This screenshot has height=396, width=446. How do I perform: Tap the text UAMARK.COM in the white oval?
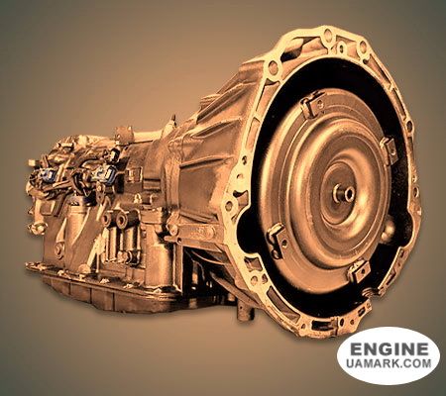389,363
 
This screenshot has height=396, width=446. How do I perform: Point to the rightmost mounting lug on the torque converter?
389,149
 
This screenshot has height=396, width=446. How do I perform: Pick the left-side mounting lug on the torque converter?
276,241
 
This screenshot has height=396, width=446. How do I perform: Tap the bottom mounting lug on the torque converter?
359,271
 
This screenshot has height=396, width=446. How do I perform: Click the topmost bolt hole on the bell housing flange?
328,33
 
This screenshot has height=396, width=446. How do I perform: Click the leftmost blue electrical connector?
47,174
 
